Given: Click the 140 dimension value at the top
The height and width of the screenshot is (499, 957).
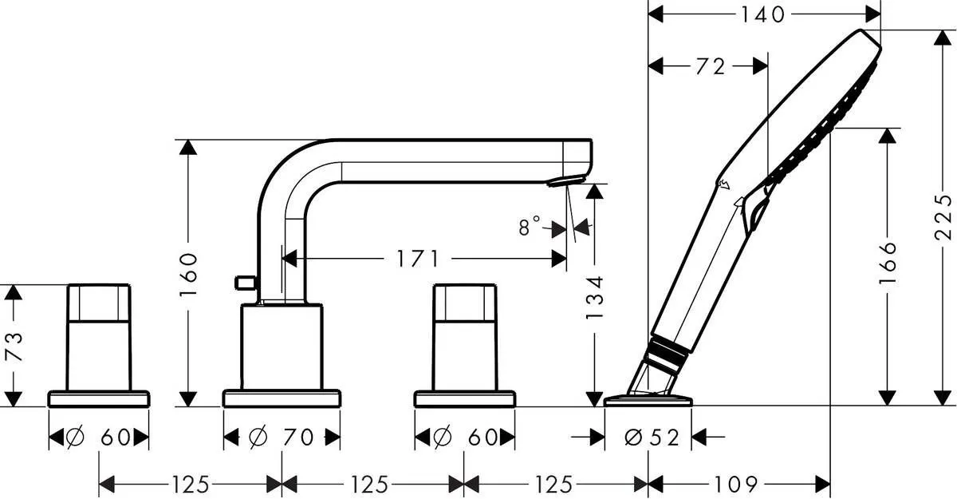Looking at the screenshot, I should [763, 14].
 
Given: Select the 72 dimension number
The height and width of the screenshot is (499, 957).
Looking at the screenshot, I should [710, 67].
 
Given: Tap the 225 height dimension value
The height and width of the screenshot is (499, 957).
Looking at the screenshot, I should [944, 217].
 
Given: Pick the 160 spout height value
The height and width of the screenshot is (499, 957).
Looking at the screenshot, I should [189, 274].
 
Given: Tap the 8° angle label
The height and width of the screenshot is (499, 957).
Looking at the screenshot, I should [530, 227].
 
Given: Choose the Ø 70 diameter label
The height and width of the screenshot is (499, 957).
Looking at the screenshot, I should [282, 437].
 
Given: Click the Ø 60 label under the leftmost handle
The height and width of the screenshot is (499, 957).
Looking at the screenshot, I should [99, 437].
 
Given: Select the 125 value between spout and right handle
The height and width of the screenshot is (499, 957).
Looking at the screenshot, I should [372, 484].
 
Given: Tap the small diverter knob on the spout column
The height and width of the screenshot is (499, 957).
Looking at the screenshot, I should [244, 282].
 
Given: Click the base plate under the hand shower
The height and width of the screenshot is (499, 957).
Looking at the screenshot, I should [648, 400].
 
